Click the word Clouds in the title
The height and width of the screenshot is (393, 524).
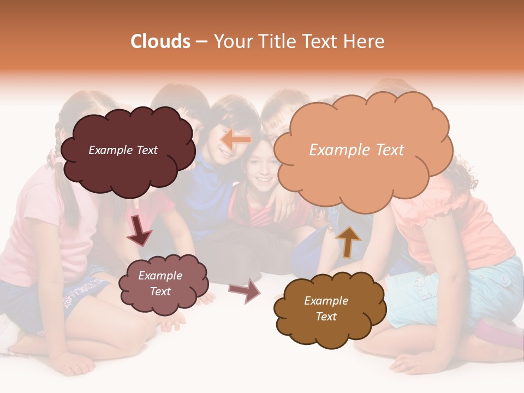[160, 41]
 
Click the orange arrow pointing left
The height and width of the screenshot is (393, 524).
[236, 140]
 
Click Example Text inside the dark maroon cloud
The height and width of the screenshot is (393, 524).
[123, 150]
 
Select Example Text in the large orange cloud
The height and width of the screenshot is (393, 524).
[356, 150]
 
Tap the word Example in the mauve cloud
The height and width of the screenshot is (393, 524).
[160, 276]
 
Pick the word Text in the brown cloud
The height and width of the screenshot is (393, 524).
[326, 317]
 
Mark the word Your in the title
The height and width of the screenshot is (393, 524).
[231, 41]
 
